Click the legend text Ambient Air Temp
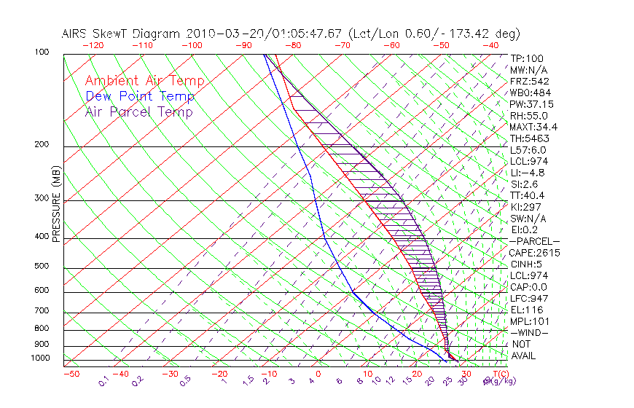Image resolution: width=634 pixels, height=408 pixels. pyautogui.click(x=144, y=81)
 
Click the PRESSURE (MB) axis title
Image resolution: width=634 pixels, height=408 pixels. pyautogui.click(x=56, y=207)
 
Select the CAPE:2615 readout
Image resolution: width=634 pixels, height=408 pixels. pyautogui.click(x=534, y=253)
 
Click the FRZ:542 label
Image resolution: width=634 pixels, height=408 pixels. pyautogui.click(x=530, y=81)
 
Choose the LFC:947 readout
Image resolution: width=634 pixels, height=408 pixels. pyautogui.click(x=530, y=298)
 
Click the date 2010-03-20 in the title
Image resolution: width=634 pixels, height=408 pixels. pyautogui.click(x=218, y=34)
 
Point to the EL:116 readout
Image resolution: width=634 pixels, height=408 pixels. pyautogui.click(x=527, y=310)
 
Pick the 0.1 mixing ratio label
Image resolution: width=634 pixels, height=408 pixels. pyautogui.click(x=104, y=380)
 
